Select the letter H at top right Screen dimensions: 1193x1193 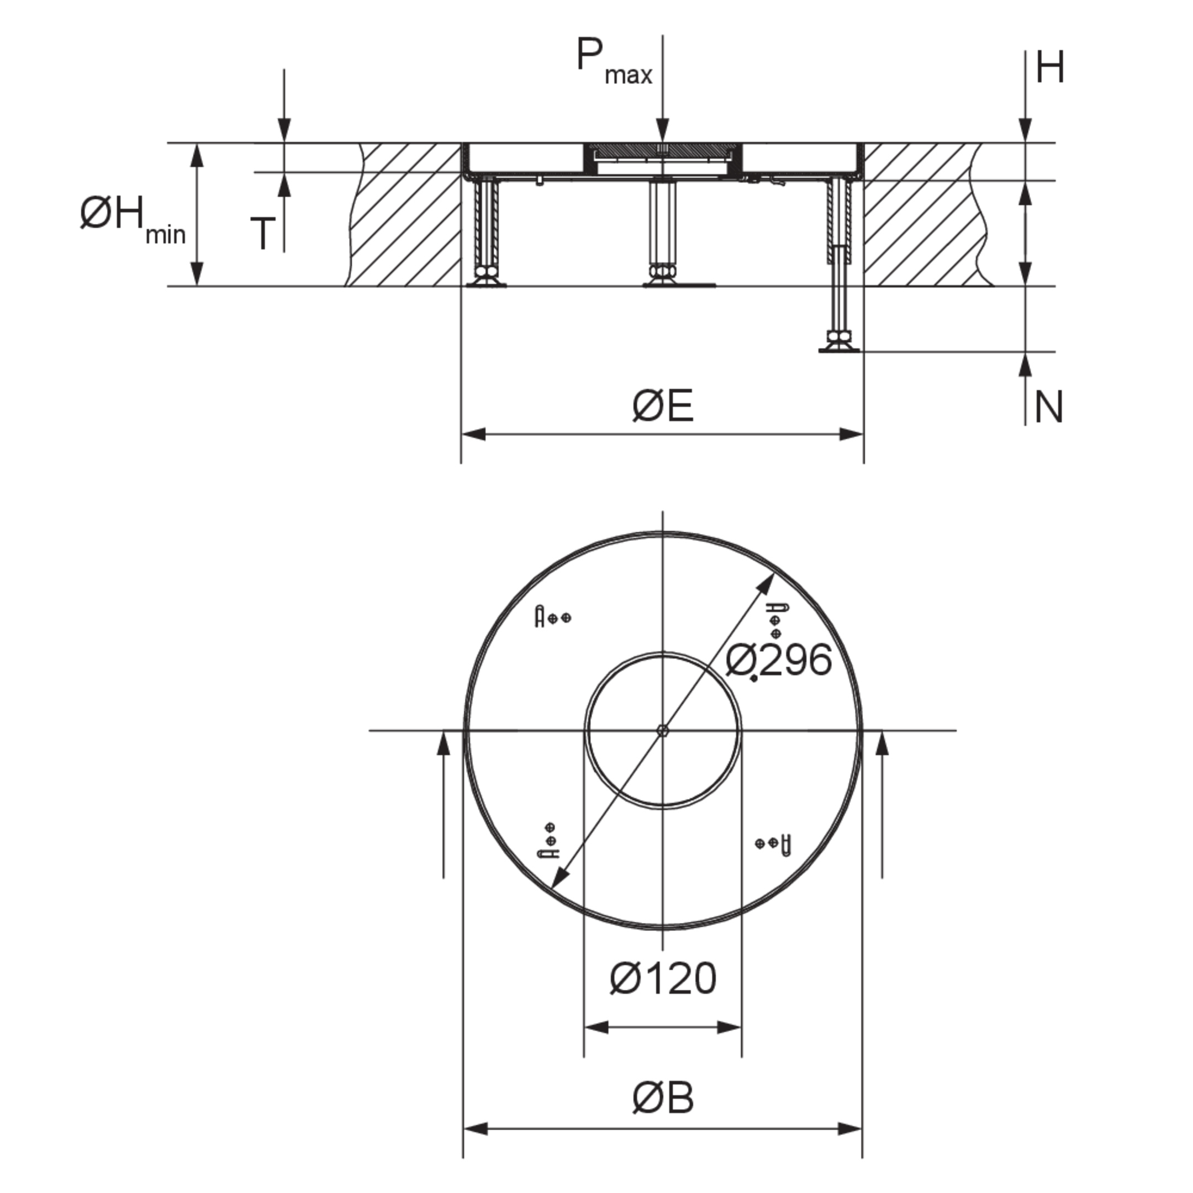[x=1051, y=67]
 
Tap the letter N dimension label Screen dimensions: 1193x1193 [x=1048, y=408]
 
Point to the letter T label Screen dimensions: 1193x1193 [x=262, y=234]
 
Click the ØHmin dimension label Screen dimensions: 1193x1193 [x=133, y=219]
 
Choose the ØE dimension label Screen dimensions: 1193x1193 [x=663, y=406]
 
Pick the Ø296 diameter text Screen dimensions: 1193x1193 [x=779, y=660]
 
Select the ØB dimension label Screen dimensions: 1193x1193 [x=663, y=1099]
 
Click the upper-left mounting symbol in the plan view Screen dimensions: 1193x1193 [x=553, y=617]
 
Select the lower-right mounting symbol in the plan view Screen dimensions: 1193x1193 [x=774, y=843]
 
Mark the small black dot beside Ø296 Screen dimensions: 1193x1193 [x=754, y=679]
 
